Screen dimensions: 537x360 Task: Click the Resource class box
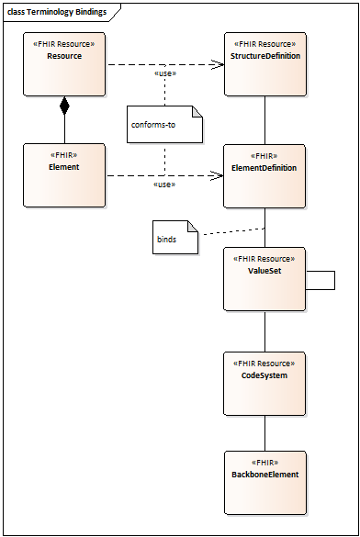click(x=64, y=64)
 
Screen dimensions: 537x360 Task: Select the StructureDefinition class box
click(x=265, y=64)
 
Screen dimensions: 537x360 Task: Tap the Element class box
click(x=64, y=175)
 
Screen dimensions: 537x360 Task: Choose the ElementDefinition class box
click(x=265, y=175)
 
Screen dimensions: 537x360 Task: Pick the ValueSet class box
click(x=265, y=279)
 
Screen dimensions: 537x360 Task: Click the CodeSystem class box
click(x=265, y=383)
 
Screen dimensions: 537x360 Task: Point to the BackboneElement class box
click(x=265, y=481)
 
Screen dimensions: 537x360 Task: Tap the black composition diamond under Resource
click(x=64, y=106)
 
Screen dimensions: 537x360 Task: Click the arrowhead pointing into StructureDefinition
click(x=219, y=64)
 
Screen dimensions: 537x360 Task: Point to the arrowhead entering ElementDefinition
click(x=219, y=175)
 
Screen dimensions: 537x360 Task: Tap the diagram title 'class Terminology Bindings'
click(x=57, y=12)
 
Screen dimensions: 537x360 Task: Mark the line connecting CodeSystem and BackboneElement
click(x=265, y=431)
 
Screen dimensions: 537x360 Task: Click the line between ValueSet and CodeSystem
click(x=265, y=330)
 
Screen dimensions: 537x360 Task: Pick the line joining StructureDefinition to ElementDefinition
click(x=265, y=119)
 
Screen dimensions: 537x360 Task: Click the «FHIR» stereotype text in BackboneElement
click(x=264, y=462)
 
